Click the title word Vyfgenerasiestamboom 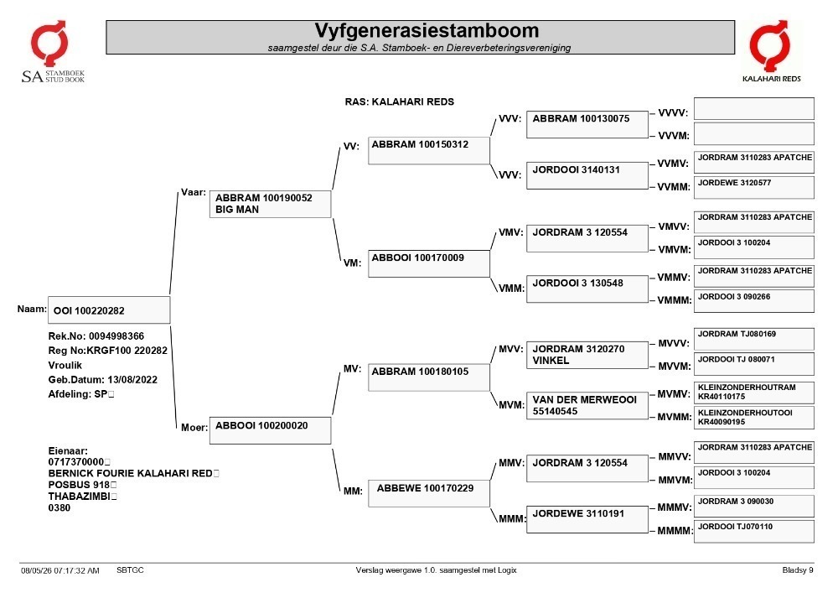coord(427,30)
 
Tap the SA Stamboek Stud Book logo coord(52,51)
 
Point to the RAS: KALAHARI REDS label coord(399,101)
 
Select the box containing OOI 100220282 coord(109,310)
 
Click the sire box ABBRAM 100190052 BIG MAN coord(270,204)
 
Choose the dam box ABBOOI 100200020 coord(270,430)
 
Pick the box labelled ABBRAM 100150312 coord(428,150)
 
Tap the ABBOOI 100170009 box coord(428,263)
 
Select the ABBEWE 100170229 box coord(428,493)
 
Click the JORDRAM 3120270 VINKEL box coord(587,355)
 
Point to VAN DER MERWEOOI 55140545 coord(587,405)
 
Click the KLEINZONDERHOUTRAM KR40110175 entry coord(753,393)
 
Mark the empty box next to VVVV coord(753,108)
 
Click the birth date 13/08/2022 coord(132,380)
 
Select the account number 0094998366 coord(116,336)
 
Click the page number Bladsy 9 coord(798,570)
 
